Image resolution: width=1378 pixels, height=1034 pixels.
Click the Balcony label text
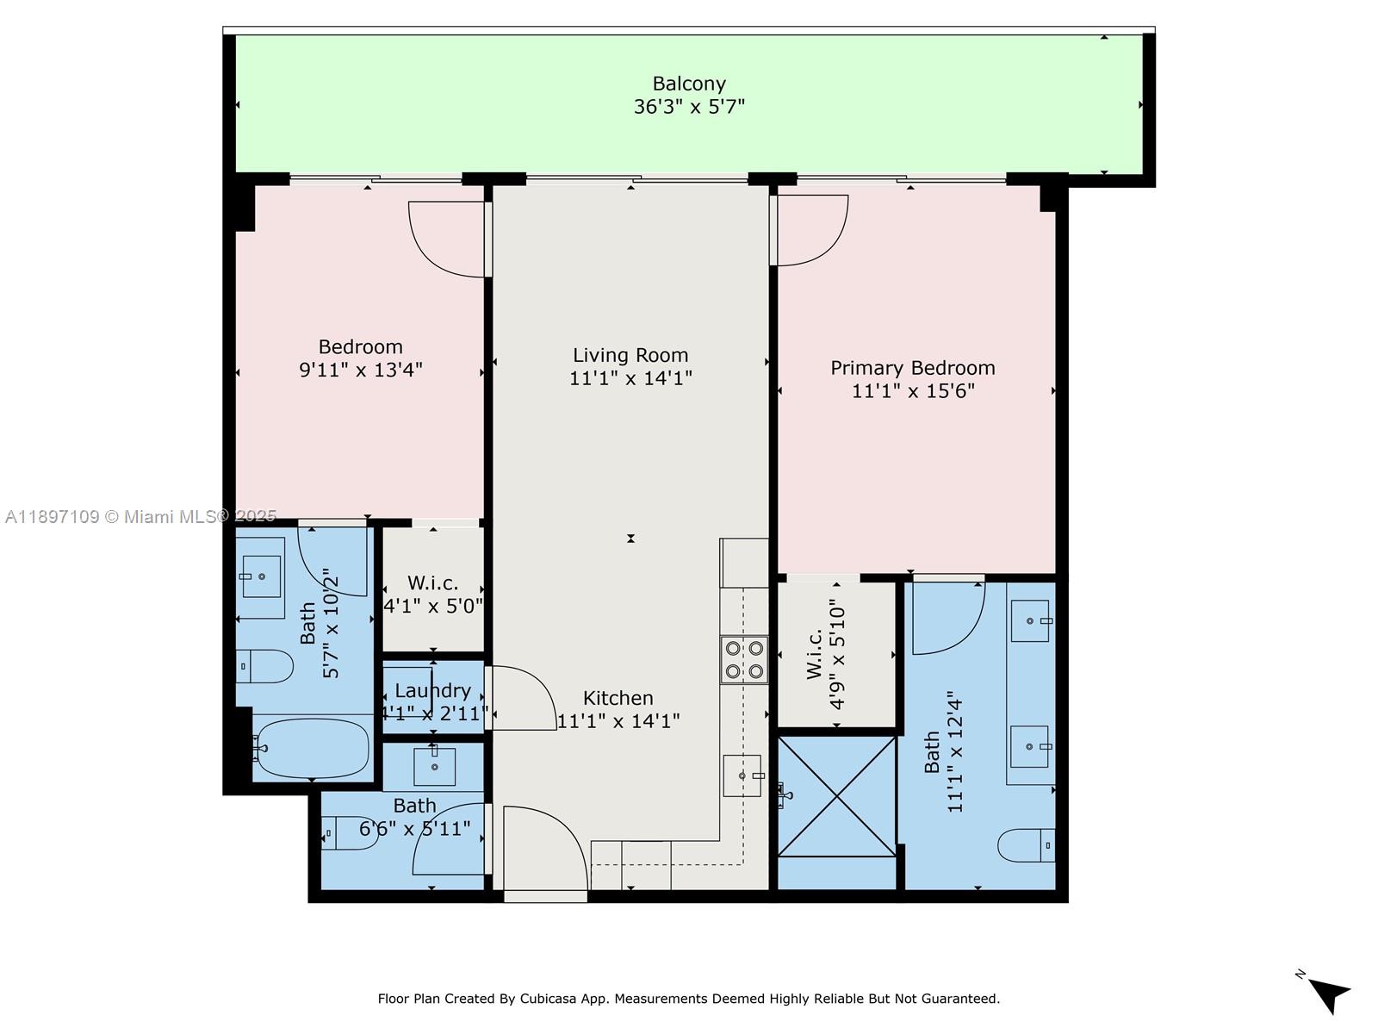[x=689, y=84]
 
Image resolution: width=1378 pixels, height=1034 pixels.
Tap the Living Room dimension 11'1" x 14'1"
[x=630, y=378]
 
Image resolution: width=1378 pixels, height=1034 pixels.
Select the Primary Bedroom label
[x=912, y=368]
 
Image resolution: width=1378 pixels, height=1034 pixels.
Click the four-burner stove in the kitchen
[x=744, y=659]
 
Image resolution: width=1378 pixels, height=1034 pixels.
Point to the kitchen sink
[x=742, y=775]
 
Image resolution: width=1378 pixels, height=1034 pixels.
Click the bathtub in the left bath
[x=312, y=748]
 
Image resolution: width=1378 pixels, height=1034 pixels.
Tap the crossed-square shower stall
[x=836, y=796]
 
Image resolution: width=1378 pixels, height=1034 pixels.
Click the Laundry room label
[x=432, y=690]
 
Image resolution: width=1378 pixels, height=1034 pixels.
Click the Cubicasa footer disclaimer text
[x=689, y=999]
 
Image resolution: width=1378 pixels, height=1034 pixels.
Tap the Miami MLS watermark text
[x=140, y=516]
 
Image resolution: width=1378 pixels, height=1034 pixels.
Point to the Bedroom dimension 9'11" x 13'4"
[x=360, y=371]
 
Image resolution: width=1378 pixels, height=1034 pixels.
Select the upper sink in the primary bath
[x=1030, y=621]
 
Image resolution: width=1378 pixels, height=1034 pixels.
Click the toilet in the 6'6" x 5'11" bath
[x=350, y=833]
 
